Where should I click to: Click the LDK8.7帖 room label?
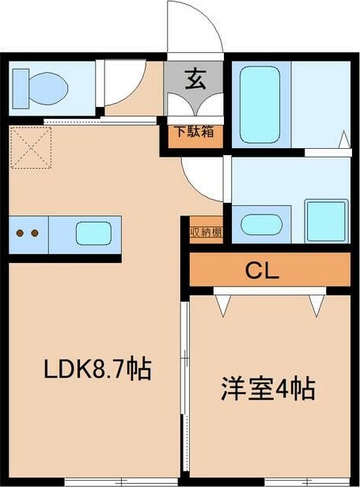pyautogui.click(x=97, y=369)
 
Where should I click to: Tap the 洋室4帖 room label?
pyautogui.click(x=267, y=389)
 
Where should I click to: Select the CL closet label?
pyautogui.click(x=260, y=272)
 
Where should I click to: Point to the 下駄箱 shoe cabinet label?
pyautogui.click(x=195, y=131)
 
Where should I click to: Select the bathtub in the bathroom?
pyautogui.click(x=262, y=103)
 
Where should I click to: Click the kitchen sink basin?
pyautogui.click(x=93, y=234)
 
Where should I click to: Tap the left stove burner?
pyautogui.click(x=21, y=234)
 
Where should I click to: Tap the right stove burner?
pyautogui.click(x=35, y=234)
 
